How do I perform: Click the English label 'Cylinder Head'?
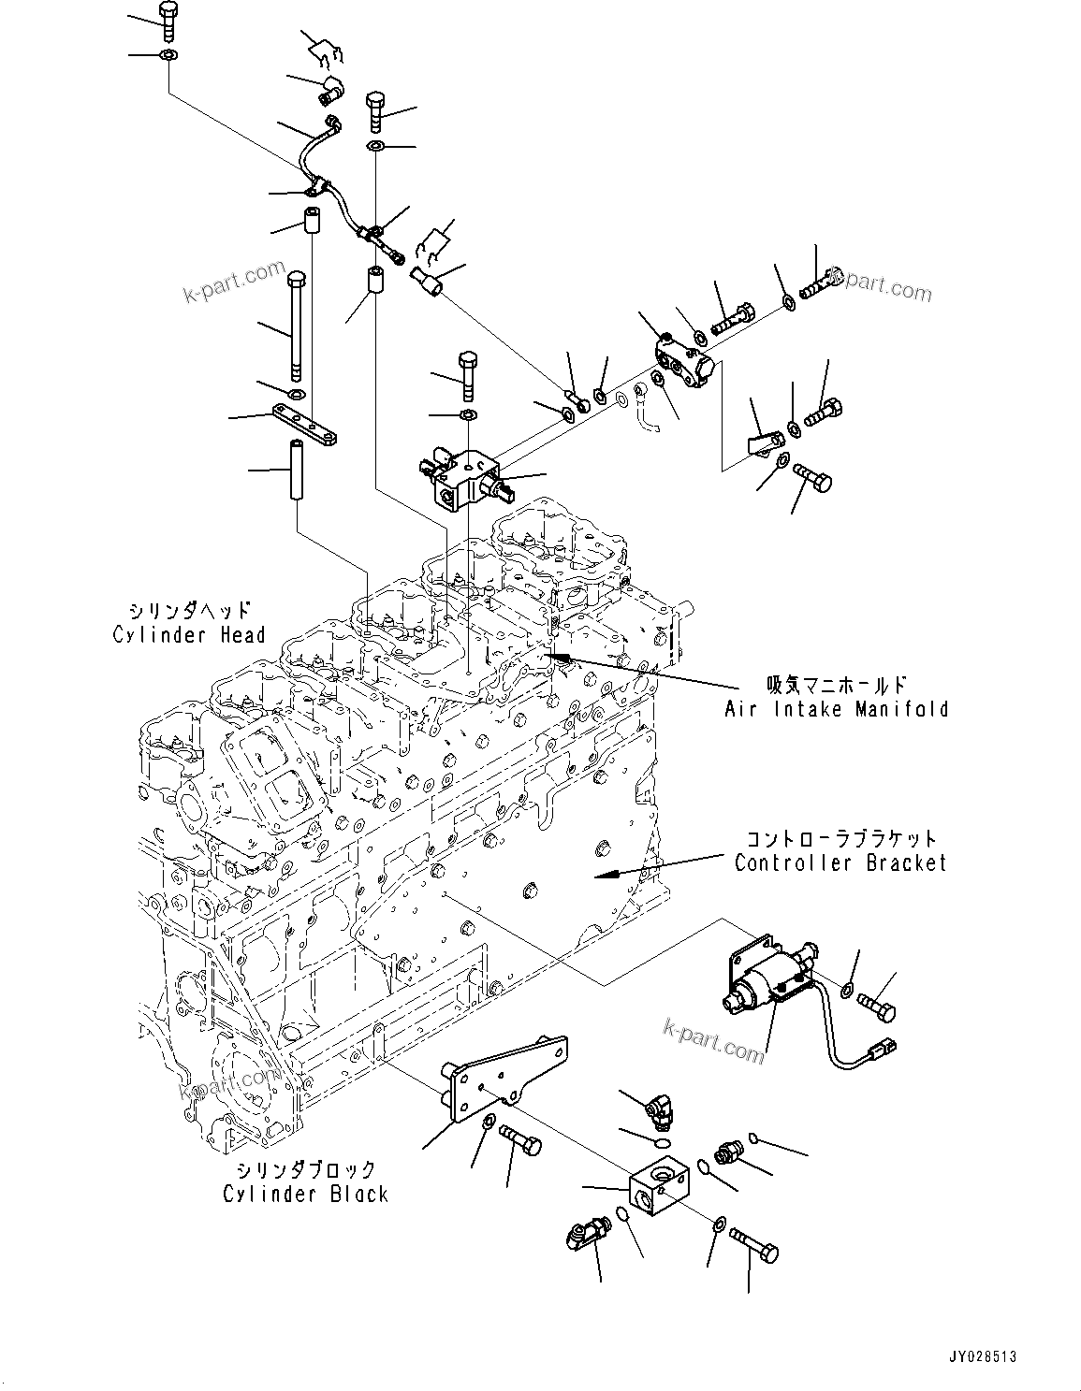coord(189,635)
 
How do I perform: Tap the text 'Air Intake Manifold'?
coord(836,709)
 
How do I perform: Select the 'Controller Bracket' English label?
coord(840,862)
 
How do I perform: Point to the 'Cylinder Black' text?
coord(305,1194)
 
